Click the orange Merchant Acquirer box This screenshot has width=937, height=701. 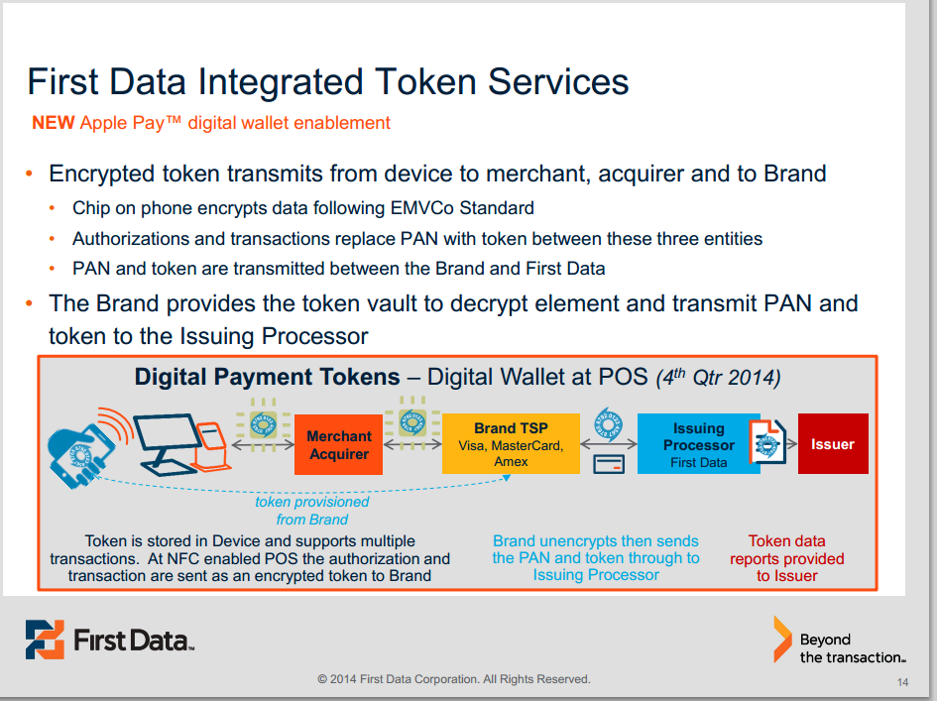pos(338,444)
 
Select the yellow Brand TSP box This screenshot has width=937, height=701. pos(511,443)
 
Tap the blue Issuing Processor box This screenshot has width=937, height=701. pos(699,443)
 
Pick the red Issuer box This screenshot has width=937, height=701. pos(833,443)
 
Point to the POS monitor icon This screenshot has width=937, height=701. pos(169,443)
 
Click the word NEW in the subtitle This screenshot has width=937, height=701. pos(54,123)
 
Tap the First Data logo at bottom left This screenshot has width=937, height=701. pos(110,640)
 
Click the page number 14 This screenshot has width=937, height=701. pos(902,682)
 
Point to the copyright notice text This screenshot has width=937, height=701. pos(453,679)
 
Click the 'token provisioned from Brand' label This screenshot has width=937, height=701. pos(312,511)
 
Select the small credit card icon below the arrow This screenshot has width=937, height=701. pos(609,464)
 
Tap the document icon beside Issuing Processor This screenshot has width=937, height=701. pos(767,443)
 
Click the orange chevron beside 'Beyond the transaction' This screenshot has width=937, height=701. pos(782,640)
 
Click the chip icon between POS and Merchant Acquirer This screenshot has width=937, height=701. pos(263,425)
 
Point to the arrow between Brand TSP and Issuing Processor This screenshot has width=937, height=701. pos(609,444)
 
